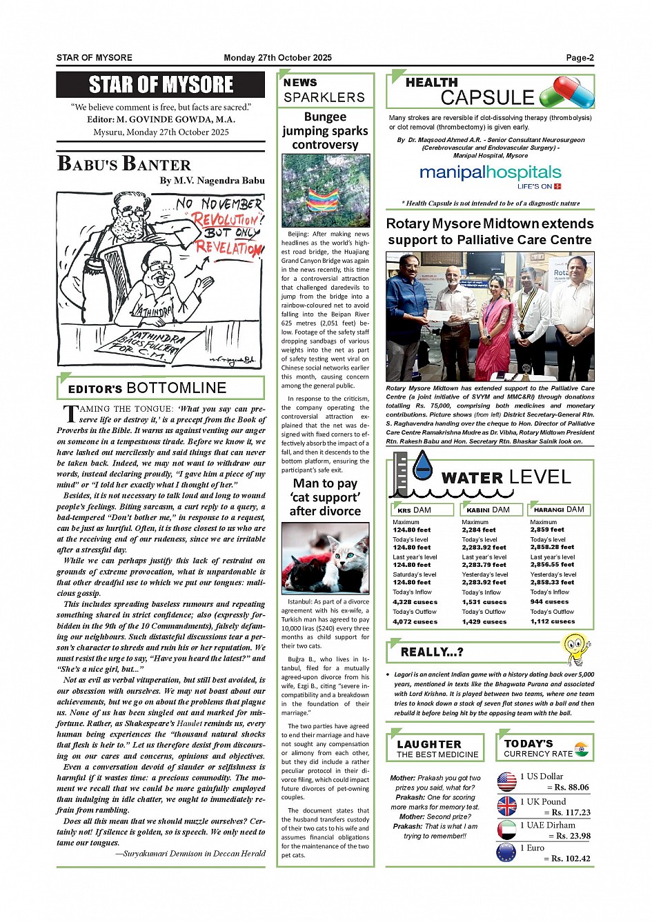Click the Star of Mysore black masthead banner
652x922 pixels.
pos(161,85)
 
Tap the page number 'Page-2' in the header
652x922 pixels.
pos(580,58)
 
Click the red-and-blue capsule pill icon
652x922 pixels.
pos(566,92)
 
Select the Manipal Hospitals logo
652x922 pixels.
pos(491,174)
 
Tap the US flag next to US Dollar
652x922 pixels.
pos(507,781)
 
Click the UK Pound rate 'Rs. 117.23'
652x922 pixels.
pos(566,812)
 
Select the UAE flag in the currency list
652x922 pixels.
pos(507,830)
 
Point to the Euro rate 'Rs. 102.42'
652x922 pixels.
pos(566,859)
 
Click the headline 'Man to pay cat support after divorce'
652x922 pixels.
pos(325,497)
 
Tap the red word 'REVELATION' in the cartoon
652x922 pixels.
pos(228,247)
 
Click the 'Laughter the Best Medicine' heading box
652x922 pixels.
pos(436,748)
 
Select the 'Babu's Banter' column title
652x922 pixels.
pos(124,164)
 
